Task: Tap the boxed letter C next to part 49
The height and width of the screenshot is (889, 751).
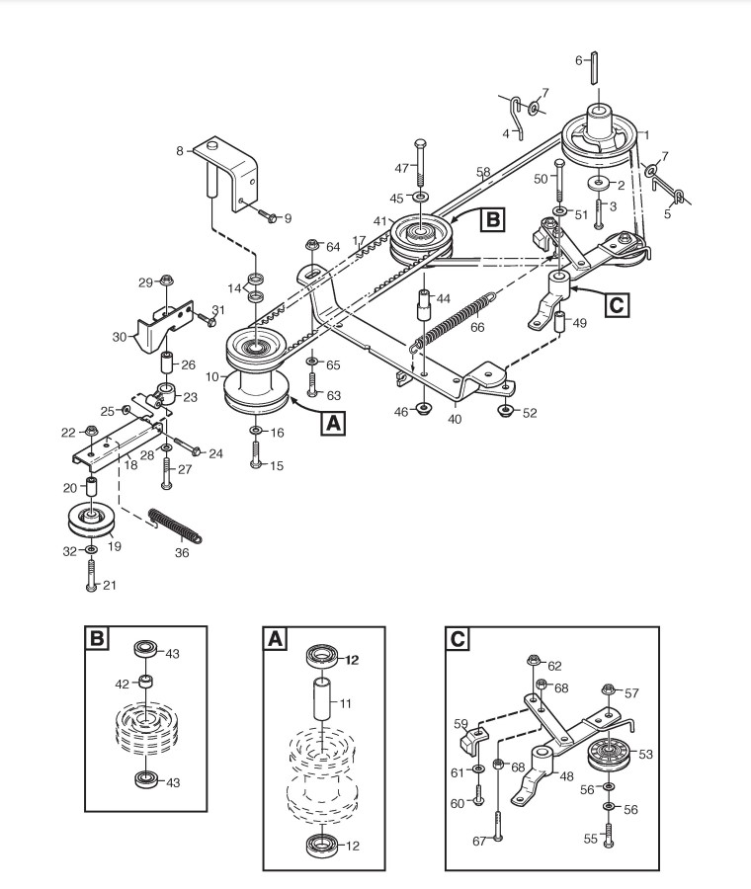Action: pos(615,305)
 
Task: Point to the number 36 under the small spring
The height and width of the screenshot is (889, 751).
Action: pos(182,553)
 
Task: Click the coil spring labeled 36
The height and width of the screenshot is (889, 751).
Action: pos(174,525)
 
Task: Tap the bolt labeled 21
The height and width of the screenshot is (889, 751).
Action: pos(90,572)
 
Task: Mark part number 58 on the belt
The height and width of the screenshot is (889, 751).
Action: pos(483,173)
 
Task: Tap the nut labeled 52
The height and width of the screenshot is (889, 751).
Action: pos(505,409)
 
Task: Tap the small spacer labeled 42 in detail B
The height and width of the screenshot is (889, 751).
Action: pos(145,683)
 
